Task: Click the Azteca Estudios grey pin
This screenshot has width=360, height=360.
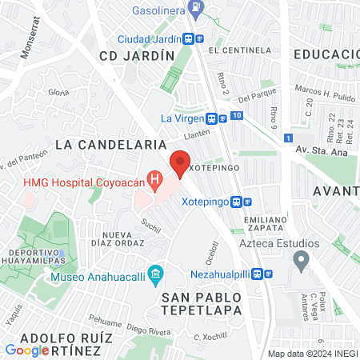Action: (301, 259)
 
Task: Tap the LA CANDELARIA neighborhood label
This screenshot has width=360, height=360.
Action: (111, 144)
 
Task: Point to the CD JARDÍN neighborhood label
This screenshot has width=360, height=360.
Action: (136, 55)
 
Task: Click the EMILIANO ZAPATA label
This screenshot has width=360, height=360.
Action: (266, 224)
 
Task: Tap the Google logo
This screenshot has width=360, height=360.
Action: (27, 350)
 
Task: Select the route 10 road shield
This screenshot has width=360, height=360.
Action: (237, 116)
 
